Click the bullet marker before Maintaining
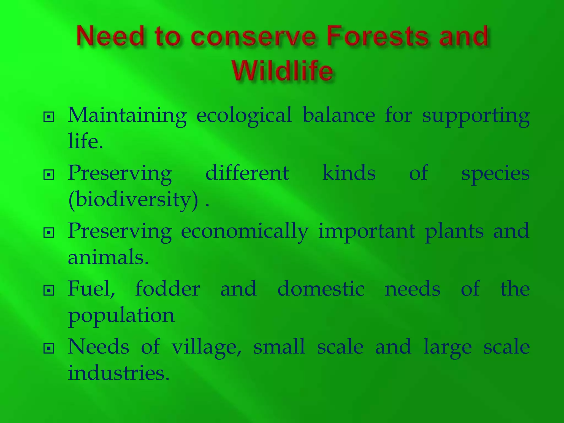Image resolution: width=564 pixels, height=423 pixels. [49, 117]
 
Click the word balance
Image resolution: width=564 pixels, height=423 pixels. [338, 115]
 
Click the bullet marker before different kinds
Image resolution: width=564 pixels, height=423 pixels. [49, 175]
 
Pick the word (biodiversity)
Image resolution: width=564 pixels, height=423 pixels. [133, 199]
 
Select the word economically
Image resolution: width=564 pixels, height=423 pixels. [245, 232]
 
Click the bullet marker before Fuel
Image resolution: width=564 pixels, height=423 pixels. [49, 290]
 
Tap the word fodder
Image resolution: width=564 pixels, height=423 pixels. [167, 289]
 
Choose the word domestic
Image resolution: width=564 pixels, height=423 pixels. [321, 289]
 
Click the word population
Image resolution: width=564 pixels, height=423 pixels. [121, 316]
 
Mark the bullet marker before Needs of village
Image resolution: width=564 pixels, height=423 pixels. [49, 349]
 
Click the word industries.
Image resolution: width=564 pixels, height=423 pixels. [118, 373]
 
